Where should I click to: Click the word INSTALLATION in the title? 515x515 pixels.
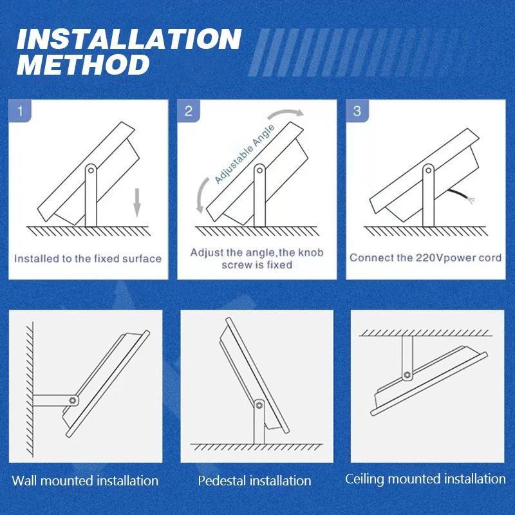point(129,39)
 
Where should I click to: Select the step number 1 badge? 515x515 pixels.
point(21,111)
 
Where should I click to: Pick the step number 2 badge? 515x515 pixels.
point(189,111)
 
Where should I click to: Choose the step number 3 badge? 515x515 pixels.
point(357,111)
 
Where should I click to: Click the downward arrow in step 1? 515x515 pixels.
point(137,203)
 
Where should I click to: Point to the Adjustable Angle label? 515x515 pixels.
point(245,154)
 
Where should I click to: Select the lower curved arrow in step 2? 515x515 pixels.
point(201,195)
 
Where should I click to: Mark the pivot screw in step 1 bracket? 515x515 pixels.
point(91,171)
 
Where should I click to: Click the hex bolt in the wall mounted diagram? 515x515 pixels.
point(73,400)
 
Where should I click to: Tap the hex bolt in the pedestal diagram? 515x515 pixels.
point(259,405)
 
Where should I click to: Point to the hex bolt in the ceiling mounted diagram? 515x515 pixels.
point(407,375)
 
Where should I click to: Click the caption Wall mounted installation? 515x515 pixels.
point(85,481)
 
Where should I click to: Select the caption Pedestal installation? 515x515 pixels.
point(254,481)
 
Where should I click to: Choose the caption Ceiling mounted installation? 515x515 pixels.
point(426,479)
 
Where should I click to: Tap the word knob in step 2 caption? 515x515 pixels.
point(310,252)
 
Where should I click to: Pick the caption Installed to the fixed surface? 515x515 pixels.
point(88,259)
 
